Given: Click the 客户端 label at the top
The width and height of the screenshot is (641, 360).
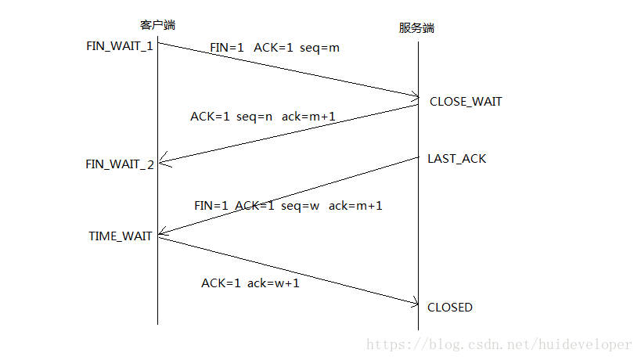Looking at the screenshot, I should tap(156, 25).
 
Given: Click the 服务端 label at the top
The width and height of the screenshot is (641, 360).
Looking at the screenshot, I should tap(416, 27).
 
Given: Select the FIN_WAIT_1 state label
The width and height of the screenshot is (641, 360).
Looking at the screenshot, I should tap(120, 45).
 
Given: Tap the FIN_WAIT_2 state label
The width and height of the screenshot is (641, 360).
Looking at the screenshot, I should tap(120, 164).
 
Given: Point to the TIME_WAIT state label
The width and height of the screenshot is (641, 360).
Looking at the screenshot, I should tap(121, 236).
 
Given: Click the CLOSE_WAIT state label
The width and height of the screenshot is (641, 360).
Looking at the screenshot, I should tap(466, 102).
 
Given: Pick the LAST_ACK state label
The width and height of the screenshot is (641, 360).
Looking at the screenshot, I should tap(456, 159).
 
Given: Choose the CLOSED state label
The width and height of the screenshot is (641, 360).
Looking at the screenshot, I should tap(450, 308).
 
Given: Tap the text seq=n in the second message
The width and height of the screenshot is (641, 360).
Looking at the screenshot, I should tap(254, 117).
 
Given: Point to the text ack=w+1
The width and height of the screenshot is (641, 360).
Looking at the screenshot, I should tap(273, 283).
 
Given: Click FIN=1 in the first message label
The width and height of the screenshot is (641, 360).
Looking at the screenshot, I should tap(227, 48).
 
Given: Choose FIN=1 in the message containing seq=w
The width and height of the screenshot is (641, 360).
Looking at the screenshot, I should tap(211, 206).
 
